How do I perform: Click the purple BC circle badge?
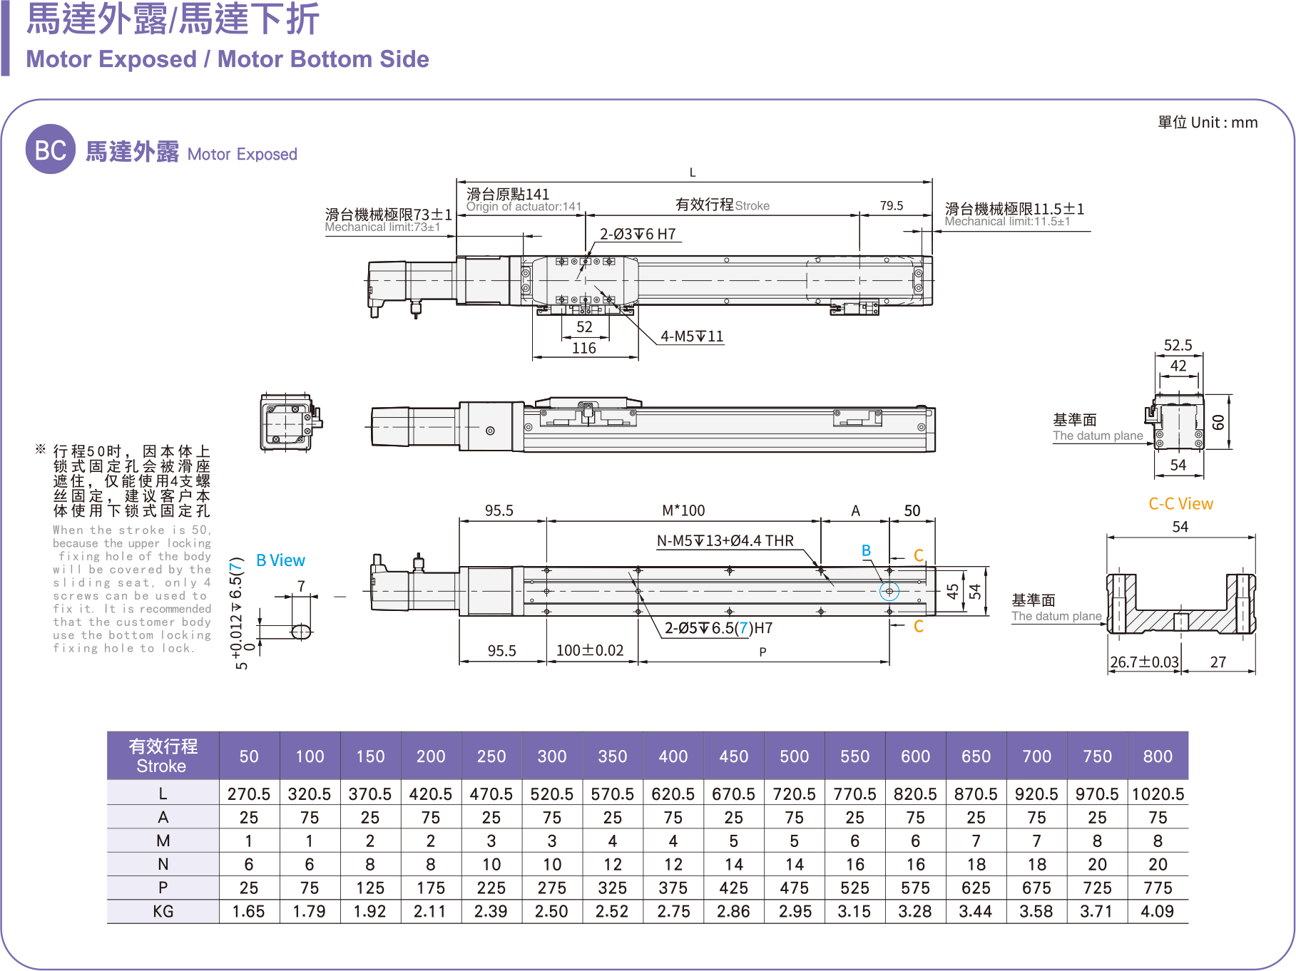[50, 149]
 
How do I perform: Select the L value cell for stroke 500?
[794, 793]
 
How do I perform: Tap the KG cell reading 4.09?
[1157, 911]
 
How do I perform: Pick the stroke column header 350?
[612, 756]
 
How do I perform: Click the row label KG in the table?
[163, 911]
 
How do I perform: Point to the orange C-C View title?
[1180, 504]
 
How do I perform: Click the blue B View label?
[280, 560]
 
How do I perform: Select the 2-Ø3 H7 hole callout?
[637, 235]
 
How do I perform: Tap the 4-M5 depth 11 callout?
[691, 336]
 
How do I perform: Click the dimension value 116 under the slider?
[584, 348]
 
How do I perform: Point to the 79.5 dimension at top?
[891, 205]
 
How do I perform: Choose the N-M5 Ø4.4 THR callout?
[725, 540]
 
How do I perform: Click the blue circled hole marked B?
[889, 591]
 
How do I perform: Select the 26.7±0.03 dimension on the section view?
[1144, 662]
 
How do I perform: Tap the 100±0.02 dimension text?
[589, 650]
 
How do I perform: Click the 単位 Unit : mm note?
[1208, 123]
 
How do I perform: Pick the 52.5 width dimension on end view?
[1178, 346]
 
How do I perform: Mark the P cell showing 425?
[733, 888]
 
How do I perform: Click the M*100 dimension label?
[683, 510]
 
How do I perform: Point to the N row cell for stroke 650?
[976, 864]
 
